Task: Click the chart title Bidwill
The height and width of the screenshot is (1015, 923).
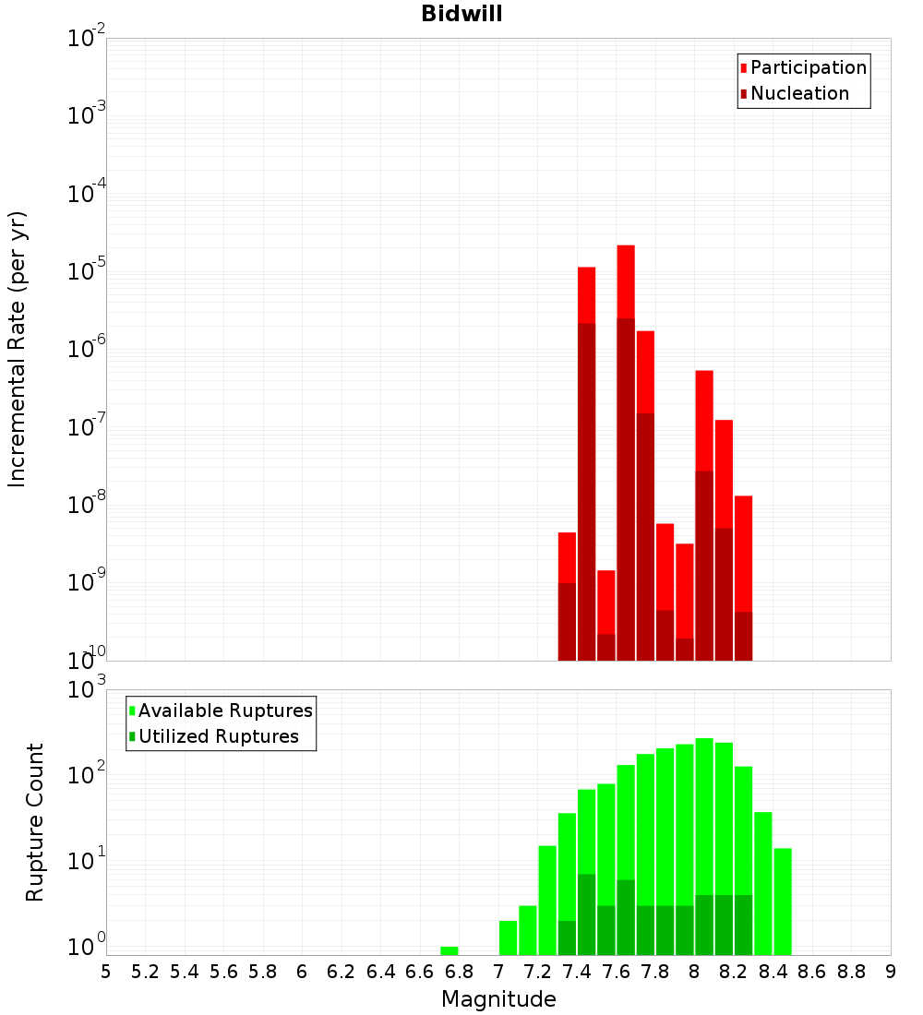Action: click(x=461, y=15)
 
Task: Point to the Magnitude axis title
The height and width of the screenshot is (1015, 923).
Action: click(x=498, y=999)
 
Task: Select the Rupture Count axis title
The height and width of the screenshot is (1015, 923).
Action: click(x=35, y=822)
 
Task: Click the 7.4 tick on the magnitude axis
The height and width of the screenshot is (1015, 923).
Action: click(x=577, y=972)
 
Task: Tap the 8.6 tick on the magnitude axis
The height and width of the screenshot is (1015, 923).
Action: click(x=812, y=972)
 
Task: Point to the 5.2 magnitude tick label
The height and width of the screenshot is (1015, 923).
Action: click(x=145, y=972)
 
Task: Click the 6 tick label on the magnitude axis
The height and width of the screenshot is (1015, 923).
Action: click(x=302, y=972)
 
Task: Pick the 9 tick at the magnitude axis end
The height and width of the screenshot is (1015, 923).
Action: click(x=891, y=972)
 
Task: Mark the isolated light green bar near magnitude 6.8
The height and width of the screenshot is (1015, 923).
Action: click(x=450, y=950)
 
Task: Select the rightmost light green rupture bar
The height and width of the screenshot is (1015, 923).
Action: click(x=783, y=901)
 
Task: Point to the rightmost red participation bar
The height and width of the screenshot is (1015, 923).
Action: click(x=744, y=554)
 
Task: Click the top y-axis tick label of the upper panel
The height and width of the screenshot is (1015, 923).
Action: click(x=87, y=39)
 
